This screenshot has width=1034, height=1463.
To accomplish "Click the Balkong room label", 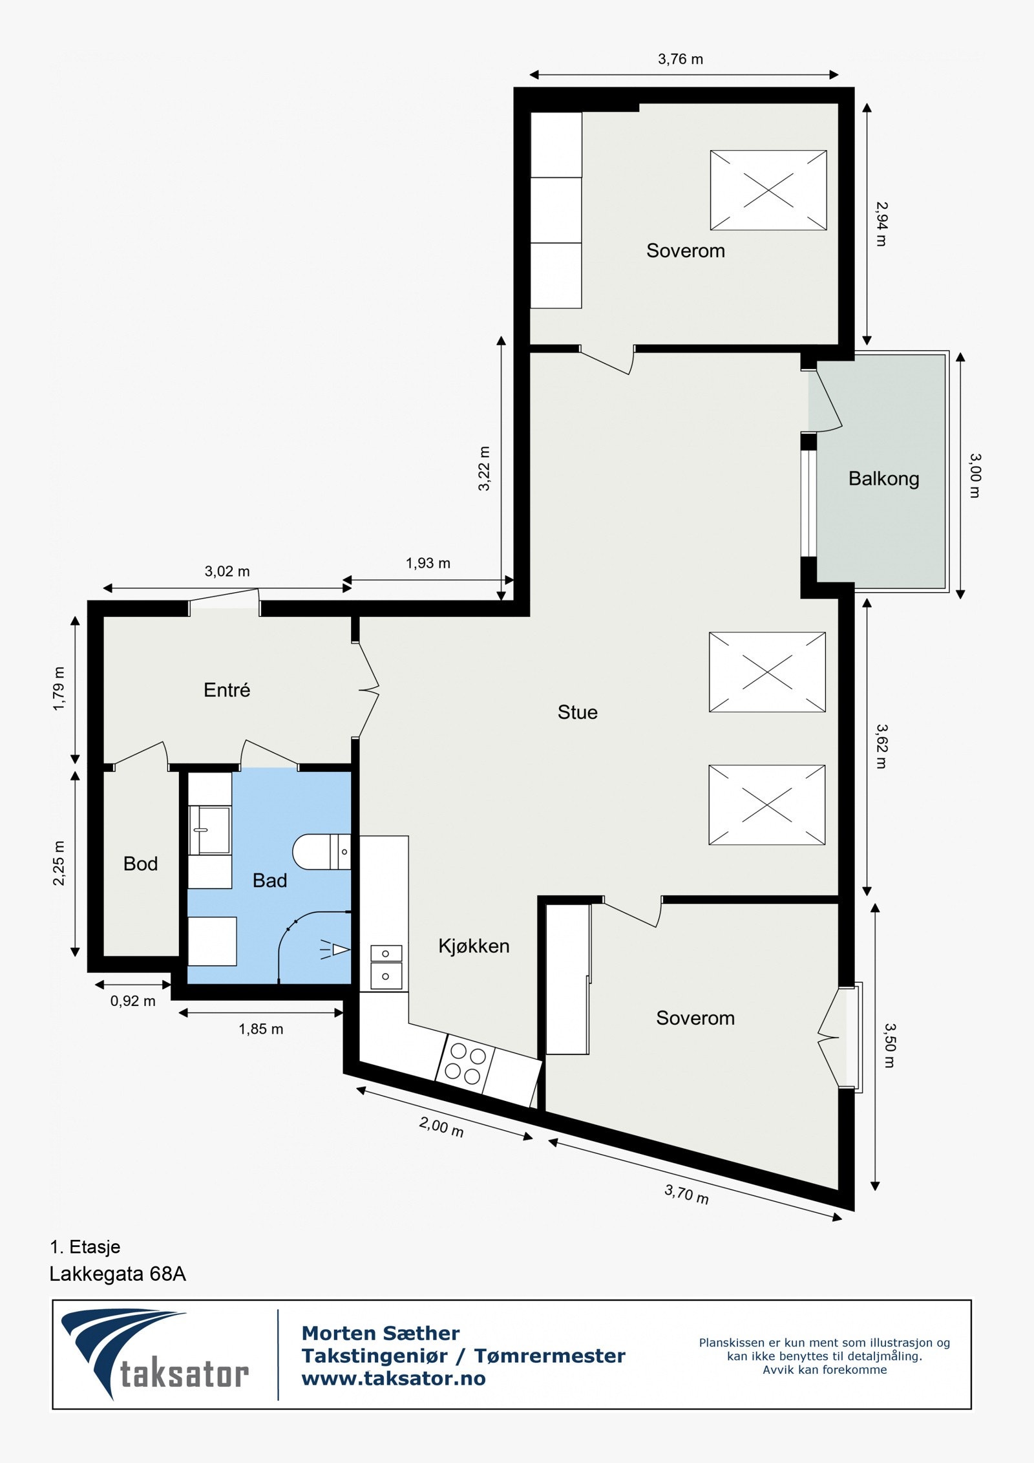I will pos(883,479).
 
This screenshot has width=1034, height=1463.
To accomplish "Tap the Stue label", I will pos(577,712).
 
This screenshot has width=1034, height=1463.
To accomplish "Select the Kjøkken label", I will pos(474,946).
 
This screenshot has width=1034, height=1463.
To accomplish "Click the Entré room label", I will pos(226,690).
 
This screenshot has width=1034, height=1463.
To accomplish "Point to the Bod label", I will pos(140,864).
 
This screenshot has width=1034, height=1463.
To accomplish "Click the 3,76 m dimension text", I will pos(681,59).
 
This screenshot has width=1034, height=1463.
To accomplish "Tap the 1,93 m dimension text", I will pos(428,563).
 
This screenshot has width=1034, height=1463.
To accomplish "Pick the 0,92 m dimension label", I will pos(132,1001).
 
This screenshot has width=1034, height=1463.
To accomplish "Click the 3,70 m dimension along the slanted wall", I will pos(686,1193).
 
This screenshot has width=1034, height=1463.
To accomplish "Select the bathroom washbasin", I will pos(209,830).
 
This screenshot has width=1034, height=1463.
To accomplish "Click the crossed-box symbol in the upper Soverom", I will pos(768,190).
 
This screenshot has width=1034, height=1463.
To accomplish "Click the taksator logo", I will pos(155,1355).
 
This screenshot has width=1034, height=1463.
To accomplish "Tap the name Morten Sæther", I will pos(381,1332).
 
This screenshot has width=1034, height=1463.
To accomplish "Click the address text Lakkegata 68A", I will pos(118,1274).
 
